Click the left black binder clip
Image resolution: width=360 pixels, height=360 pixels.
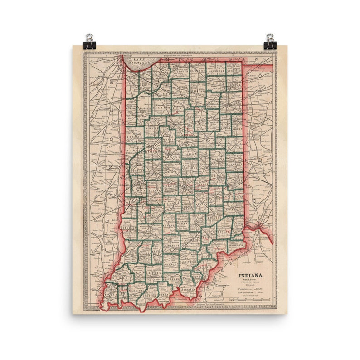click(x=89, y=42)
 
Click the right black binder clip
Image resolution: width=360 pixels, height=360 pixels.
click(x=270, y=42)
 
